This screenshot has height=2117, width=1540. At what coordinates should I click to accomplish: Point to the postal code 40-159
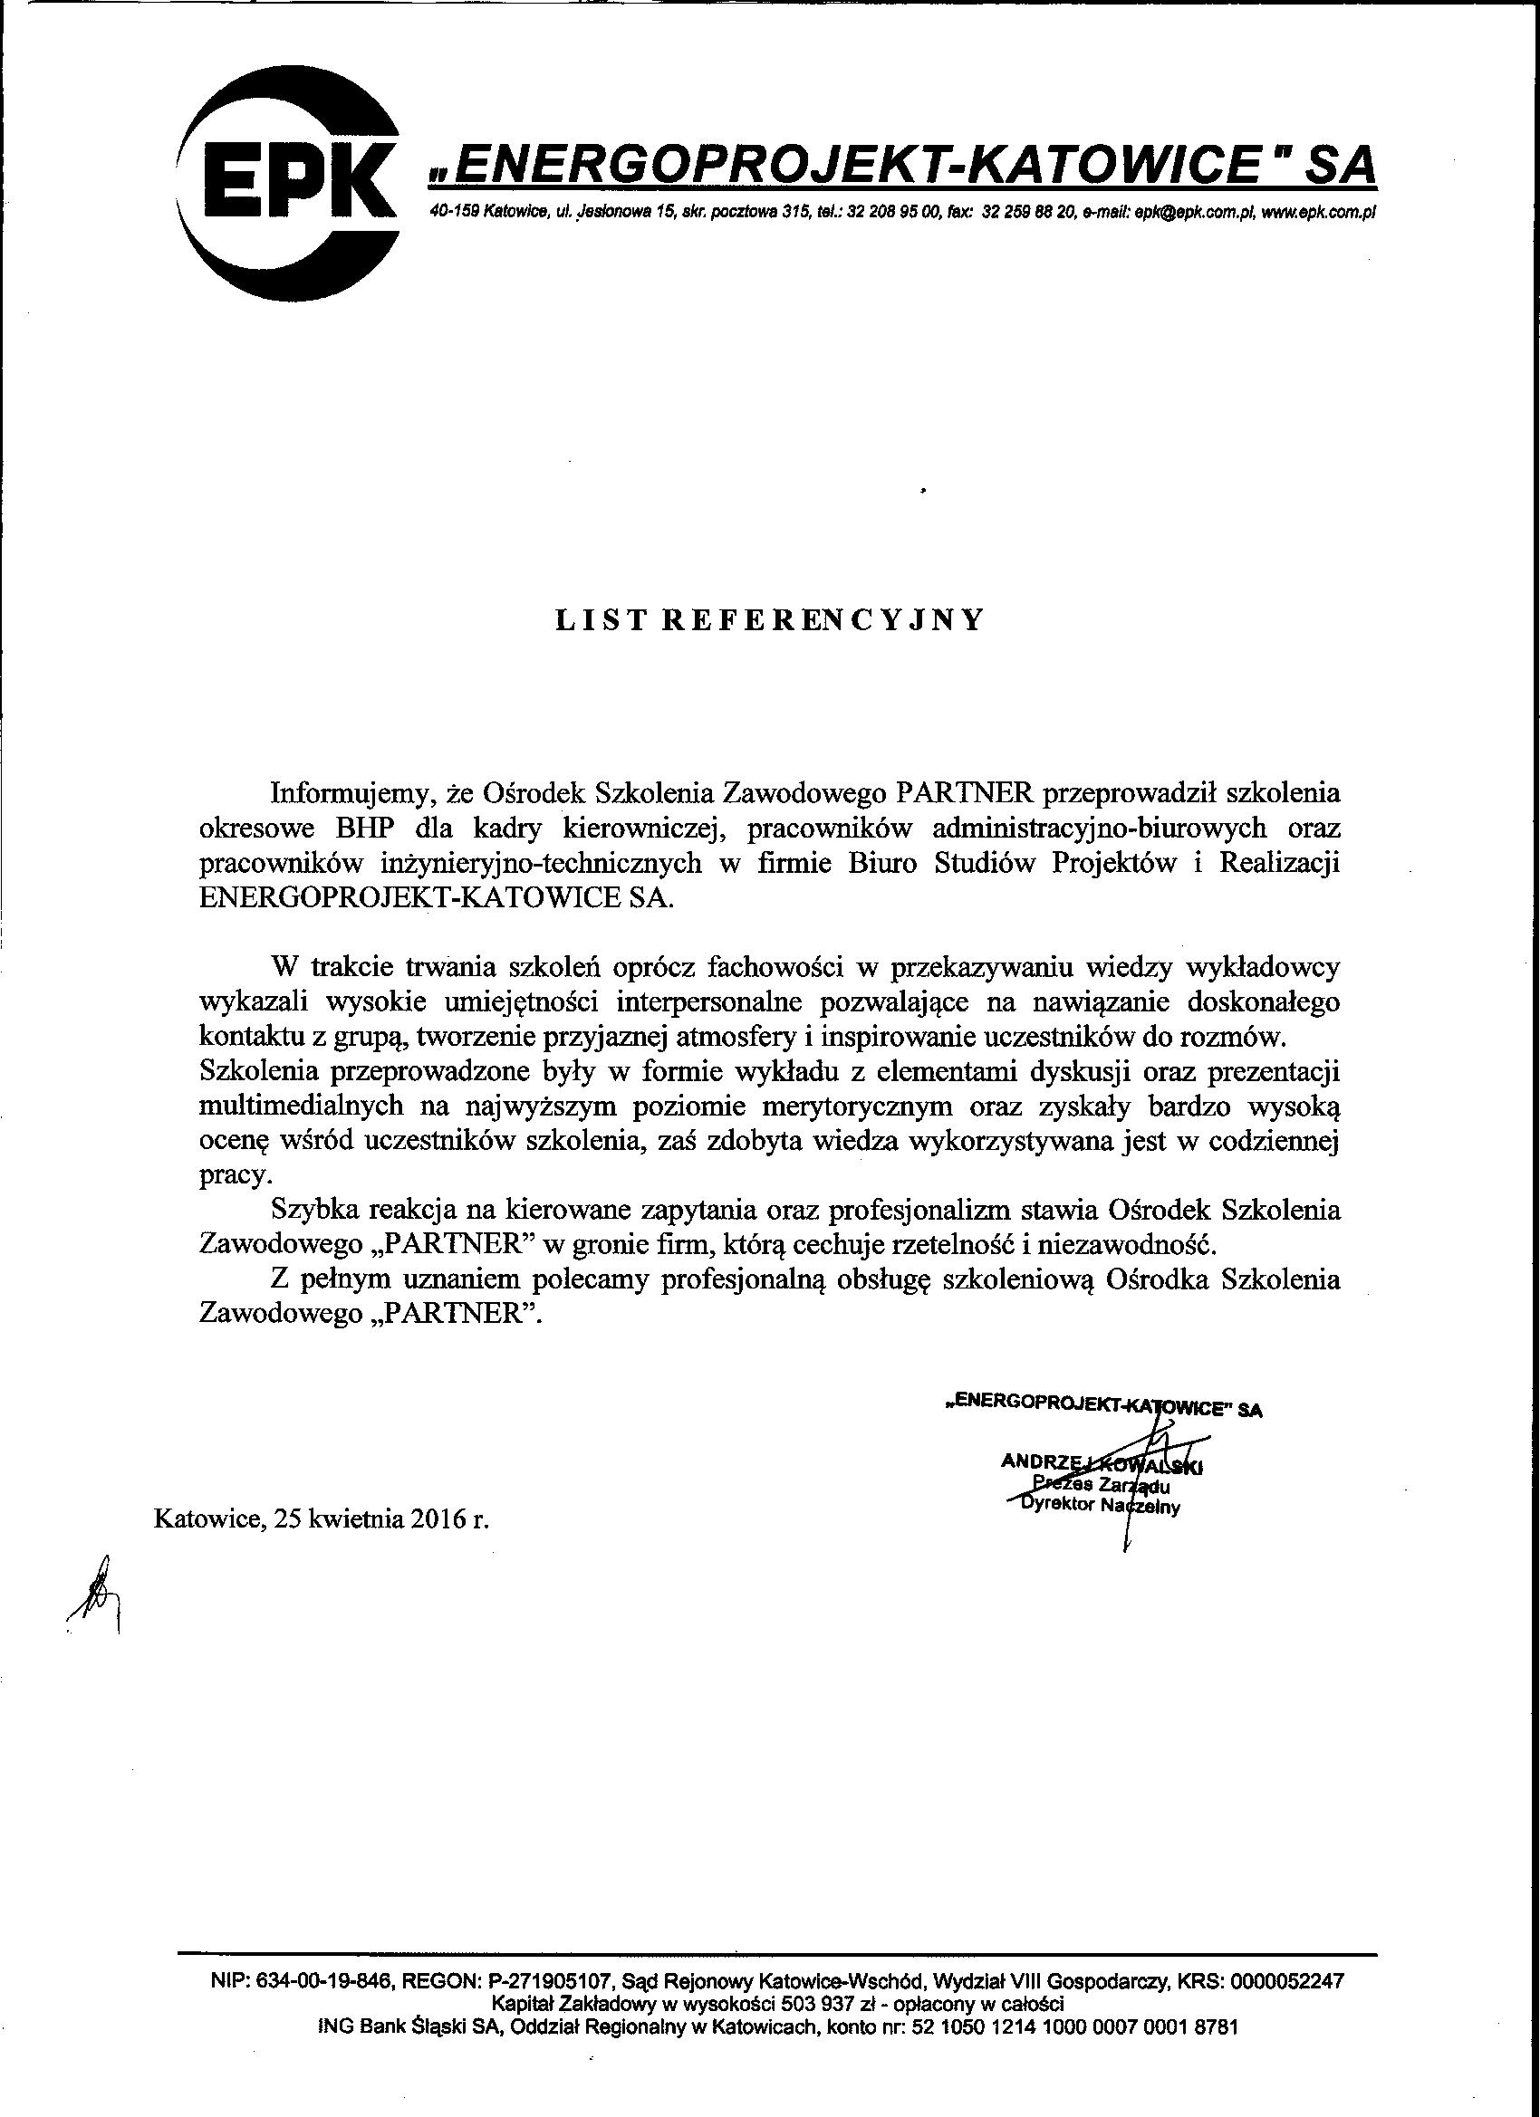point(453,214)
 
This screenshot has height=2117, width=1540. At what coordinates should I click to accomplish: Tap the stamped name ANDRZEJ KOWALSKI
point(1102,1462)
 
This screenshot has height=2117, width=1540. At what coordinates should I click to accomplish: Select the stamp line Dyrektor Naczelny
point(1102,1506)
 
